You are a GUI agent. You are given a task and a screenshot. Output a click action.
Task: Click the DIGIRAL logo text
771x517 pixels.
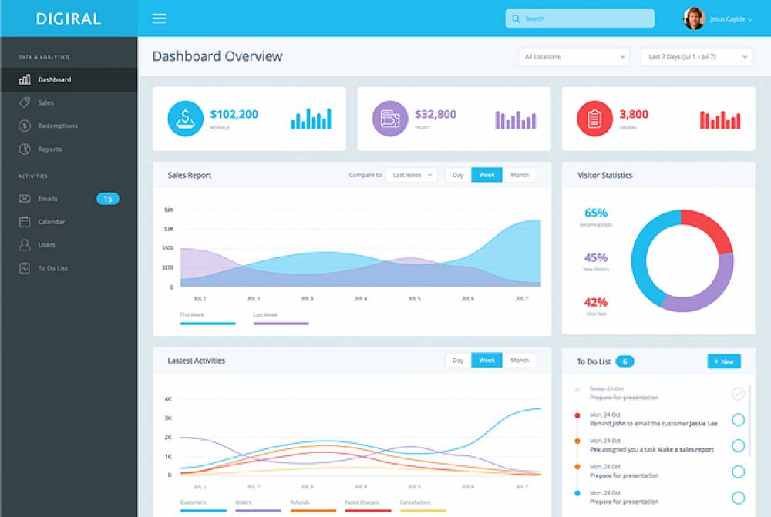tap(68, 18)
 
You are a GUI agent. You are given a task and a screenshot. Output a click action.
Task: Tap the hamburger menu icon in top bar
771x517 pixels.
tap(159, 18)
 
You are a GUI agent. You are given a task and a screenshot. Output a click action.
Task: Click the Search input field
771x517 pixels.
tap(580, 18)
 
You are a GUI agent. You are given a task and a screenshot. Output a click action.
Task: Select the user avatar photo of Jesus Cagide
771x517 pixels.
tap(694, 18)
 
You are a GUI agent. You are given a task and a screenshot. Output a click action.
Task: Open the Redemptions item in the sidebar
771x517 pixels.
tap(58, 126)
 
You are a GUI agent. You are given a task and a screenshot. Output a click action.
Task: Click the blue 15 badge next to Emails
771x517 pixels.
tap(108, 199)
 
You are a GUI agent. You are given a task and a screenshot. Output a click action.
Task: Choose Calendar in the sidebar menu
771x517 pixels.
tap(52, 222)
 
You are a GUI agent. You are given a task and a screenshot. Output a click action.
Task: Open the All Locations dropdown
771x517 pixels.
tap(574, 56)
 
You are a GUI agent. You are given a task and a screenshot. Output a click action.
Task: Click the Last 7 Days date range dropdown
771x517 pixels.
tap(695, 56)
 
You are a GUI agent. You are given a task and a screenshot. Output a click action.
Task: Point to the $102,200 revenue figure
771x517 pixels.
tap(234, 114)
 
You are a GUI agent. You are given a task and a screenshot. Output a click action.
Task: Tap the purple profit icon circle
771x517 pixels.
tap(390, 119)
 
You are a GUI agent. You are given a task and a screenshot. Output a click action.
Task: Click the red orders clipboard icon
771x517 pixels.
tap(594, 119)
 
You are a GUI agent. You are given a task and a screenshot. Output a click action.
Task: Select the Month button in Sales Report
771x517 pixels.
tap(520, 175)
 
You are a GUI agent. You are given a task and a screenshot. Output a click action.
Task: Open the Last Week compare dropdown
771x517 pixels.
tap(411, 175)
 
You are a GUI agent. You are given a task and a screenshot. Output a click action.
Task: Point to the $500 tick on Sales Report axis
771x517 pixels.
tap(168, 248)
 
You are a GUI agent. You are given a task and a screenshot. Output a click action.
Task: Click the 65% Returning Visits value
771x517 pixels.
tap(596, 213)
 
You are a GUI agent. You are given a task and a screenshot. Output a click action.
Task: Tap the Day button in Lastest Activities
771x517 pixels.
tap(458, 360)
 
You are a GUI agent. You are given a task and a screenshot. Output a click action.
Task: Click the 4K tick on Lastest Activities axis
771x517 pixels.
tap(168, 399)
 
